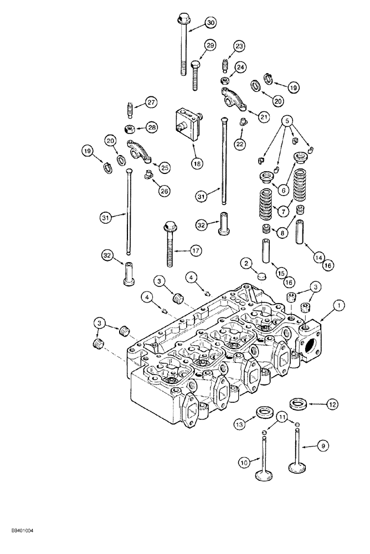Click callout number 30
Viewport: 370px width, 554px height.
[x=210, y=23]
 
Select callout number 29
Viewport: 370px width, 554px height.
[x=209, y=45]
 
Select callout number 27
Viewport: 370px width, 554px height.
[x=151, y=102]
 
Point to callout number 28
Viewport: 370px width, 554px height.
[x=152, y=128]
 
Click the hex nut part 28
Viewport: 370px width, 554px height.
[x=129, y=129]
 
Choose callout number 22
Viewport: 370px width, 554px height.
[x=240, y=144]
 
